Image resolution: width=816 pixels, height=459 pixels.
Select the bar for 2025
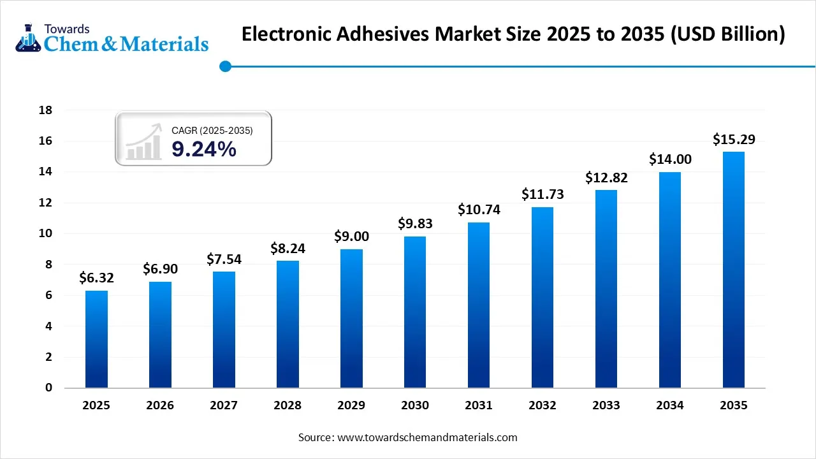(96, 339)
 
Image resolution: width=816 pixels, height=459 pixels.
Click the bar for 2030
(415, 312)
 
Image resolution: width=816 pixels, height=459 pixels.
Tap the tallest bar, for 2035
(734, 270)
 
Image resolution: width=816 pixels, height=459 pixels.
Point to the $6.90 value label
(160, 269)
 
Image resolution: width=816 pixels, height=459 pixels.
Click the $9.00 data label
(351, 237)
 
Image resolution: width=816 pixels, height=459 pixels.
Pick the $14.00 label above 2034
(670, 159)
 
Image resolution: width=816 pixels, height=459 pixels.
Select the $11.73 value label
(543, 194)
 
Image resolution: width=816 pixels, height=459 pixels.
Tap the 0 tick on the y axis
(48, 388)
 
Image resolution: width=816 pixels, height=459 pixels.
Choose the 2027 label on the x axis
(224, 405)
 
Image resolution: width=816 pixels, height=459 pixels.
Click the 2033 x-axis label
(606, 405)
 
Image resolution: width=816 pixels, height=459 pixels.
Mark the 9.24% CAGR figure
(204, 149)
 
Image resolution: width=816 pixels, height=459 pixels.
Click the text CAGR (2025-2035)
(212, 131)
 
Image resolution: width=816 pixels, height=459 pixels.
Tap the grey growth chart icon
(143, 142)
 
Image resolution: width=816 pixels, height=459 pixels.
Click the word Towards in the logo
(67, 29)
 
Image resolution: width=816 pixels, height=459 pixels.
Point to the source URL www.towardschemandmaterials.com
(426, 437)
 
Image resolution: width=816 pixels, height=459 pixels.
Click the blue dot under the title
(224, 66)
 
